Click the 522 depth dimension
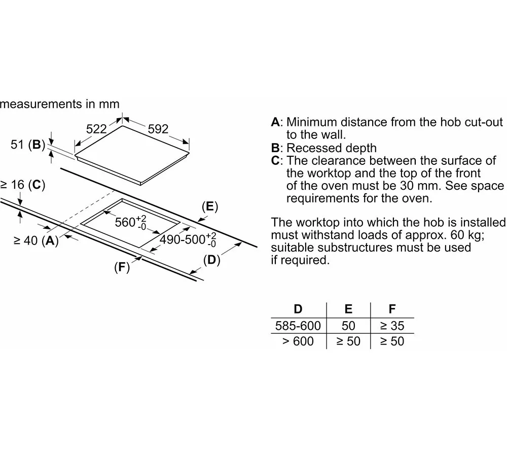[x=96, y=129]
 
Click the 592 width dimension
[x=158, y=129]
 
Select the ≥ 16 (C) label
[x=23, y=185]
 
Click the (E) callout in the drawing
[x=209, y=207]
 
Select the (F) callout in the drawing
[x=121, y=268]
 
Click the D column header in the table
[x=298, y=309]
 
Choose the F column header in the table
[x=392, y=309]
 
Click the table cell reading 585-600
[x=298, y=325]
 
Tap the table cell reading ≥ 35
[x=392, y=325]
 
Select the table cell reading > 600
[x=298, y=341]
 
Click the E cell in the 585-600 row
[x=348, y=325]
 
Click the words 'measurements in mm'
[x=60, y=104]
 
